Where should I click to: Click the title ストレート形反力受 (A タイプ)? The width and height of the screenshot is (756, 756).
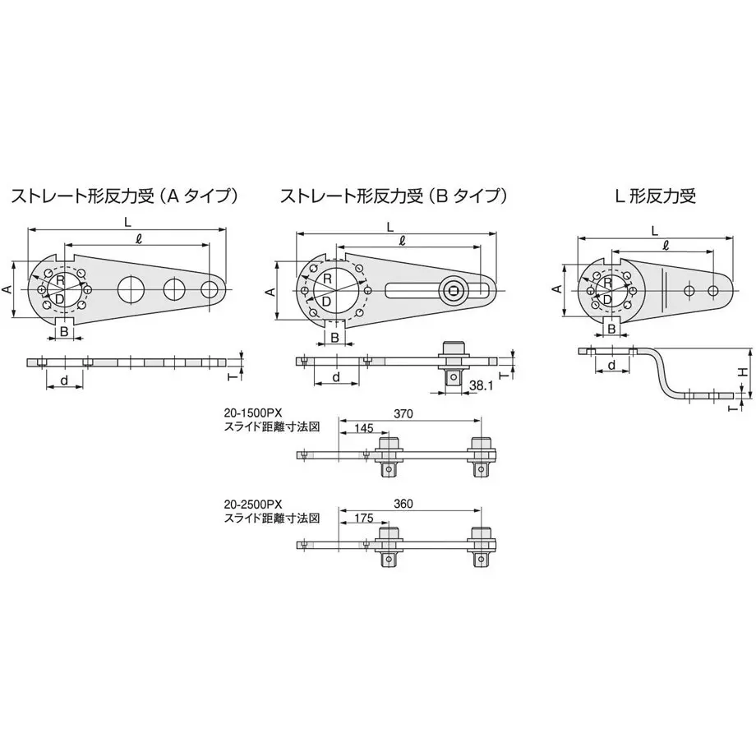click(124, 196)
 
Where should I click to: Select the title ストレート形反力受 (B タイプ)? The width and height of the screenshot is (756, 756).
click(394, 196)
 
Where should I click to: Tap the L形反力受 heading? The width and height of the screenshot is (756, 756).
click(655, 196)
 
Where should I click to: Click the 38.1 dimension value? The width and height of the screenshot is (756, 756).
click(482, 385)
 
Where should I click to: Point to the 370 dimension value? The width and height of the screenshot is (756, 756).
click(403, 413)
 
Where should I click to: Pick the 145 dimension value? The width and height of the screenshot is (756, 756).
click(363, 428)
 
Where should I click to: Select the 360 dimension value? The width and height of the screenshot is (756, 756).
click(403, 504)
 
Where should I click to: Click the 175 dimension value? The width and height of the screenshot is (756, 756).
click(363, 519)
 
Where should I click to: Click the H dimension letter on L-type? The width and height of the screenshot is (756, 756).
click(744, 371)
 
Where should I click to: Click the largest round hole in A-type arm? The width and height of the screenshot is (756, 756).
click(131, 289)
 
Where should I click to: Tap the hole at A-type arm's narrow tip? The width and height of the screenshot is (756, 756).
click(210, 289)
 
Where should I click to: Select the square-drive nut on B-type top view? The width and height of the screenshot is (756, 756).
click(453, 290)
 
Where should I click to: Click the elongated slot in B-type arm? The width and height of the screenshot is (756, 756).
click(440, 290)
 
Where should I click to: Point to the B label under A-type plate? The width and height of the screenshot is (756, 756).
click(63, 331)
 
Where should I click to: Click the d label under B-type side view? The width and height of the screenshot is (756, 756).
click(337, 377)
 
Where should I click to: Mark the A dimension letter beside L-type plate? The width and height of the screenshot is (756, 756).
click(557, 289)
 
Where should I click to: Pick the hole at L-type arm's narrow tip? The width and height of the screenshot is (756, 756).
click(713, 290)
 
